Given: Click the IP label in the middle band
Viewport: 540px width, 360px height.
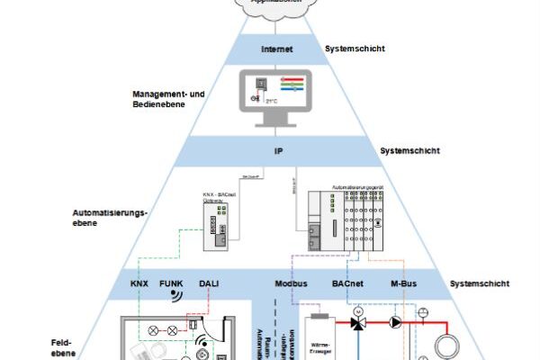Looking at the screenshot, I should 278,151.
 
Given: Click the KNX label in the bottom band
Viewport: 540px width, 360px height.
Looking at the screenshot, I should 140,283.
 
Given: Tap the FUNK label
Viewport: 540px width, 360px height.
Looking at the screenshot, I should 172,283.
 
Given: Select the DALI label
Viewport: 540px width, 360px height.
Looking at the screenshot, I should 209,283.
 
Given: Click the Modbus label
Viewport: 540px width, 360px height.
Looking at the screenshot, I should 291,283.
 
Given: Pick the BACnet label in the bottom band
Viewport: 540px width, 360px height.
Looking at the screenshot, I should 347,283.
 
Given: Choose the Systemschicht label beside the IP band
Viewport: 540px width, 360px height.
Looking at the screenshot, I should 409,151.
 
